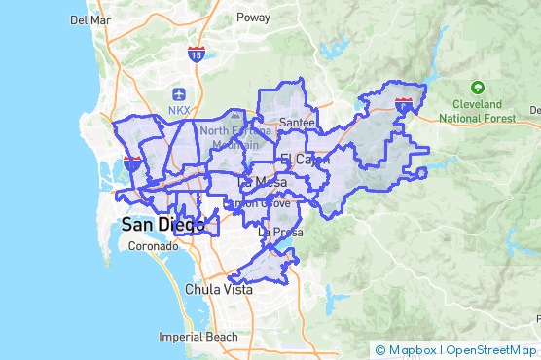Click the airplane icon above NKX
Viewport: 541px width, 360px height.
[179, 93]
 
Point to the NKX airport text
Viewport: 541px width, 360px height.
[179, 110]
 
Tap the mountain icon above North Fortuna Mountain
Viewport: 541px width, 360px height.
[234, 116]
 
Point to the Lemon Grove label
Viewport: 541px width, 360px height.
[258, 203]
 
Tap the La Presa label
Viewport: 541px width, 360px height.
[276, 233]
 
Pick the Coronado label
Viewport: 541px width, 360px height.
[153, 246]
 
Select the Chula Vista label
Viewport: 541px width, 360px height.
[219, 290]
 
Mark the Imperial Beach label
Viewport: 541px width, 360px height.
[198, 337]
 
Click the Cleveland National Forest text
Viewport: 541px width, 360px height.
[476, 111]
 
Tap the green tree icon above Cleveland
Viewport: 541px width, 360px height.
[476, 89]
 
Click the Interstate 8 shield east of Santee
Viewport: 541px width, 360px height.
[404, 102]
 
